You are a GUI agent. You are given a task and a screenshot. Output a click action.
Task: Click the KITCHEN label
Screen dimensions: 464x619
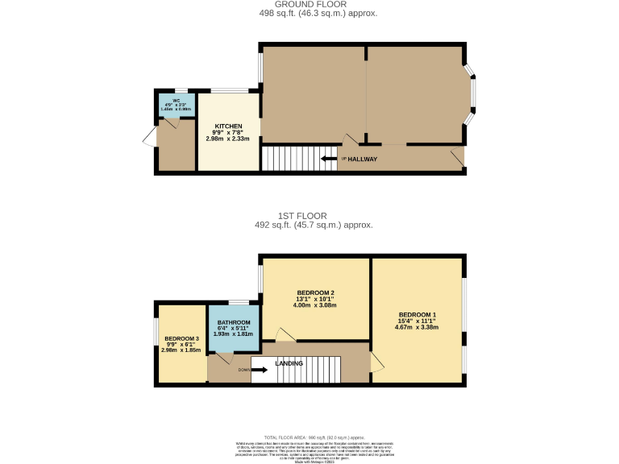point(228,126)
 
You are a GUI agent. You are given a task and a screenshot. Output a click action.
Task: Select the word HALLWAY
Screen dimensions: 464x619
point(362,159)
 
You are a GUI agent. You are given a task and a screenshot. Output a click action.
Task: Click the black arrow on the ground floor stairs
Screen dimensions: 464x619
point(329,159)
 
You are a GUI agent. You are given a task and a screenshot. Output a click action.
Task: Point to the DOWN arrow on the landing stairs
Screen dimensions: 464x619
point(260,371)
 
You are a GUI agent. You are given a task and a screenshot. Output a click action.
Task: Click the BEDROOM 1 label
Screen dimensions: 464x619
point(417,315)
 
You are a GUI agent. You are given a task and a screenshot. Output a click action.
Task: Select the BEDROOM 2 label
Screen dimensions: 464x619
point(315,292)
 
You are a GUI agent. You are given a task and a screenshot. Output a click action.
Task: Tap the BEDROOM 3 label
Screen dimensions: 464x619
point(181,338)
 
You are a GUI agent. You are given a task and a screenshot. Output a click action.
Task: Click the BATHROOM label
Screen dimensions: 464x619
point(234,322)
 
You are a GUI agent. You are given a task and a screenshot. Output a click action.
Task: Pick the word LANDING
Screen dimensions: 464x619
point(289,363)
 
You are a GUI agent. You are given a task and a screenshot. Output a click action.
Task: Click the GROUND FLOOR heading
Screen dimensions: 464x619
point(310,4)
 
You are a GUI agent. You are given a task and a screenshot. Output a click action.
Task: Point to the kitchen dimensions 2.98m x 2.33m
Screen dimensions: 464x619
point(228,139)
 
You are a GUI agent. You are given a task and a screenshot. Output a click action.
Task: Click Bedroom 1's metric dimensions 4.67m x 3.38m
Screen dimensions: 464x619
point(417,328)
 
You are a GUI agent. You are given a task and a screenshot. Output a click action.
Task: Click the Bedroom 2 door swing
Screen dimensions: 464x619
point(285,334)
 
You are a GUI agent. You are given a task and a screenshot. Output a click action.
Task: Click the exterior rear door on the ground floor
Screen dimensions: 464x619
point(149,139)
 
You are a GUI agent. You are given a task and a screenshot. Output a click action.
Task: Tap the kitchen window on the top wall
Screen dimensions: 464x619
point(229,90)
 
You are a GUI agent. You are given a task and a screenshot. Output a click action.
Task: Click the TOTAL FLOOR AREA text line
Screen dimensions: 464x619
point(309,435)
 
